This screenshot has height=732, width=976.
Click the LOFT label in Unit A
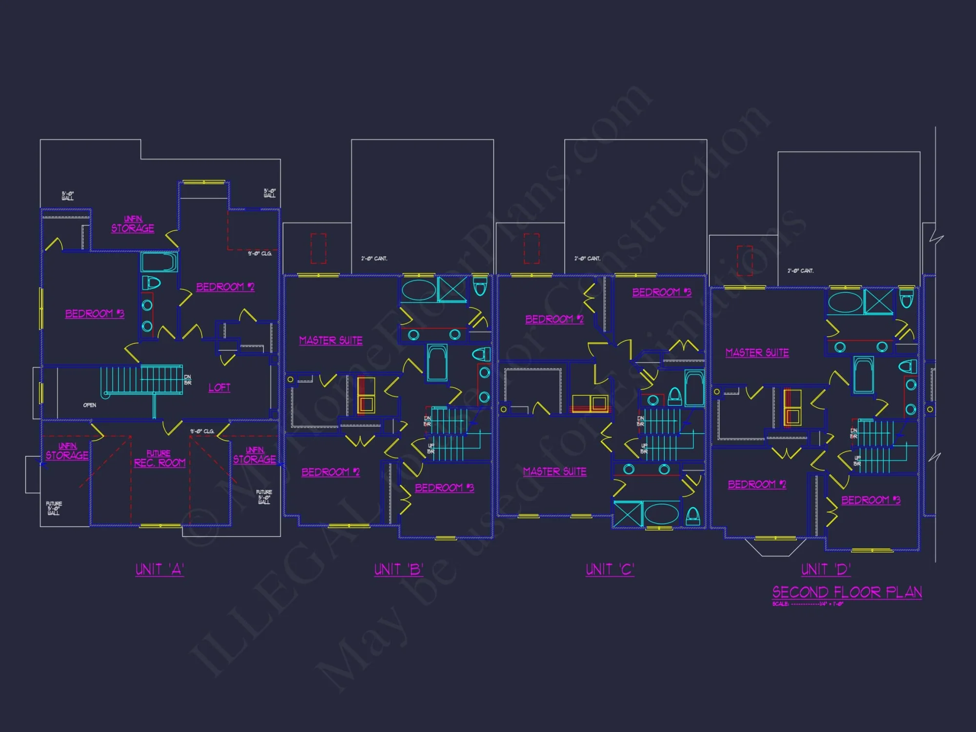219,387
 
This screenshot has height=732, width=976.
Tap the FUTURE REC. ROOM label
160,459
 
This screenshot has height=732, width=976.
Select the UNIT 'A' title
160,569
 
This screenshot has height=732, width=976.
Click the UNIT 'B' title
398,569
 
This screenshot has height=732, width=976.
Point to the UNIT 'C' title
610,569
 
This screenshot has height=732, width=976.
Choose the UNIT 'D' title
826,569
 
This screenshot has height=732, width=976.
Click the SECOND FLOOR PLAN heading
847,592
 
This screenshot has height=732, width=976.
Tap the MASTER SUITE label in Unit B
330,340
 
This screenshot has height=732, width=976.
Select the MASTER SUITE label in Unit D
757,352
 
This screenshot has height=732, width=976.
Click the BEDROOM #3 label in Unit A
95,313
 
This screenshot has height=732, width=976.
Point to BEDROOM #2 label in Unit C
554,319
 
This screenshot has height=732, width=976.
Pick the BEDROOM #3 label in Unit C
661,292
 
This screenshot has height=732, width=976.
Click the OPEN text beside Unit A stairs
90,405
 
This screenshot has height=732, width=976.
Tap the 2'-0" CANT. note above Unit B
374,259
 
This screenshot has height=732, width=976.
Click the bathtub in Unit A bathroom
159,262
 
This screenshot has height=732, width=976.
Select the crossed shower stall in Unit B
452,289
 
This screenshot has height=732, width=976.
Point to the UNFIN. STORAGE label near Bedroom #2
133,224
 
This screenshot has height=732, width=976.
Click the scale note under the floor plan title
808,604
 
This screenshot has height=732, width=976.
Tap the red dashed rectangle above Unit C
531,248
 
